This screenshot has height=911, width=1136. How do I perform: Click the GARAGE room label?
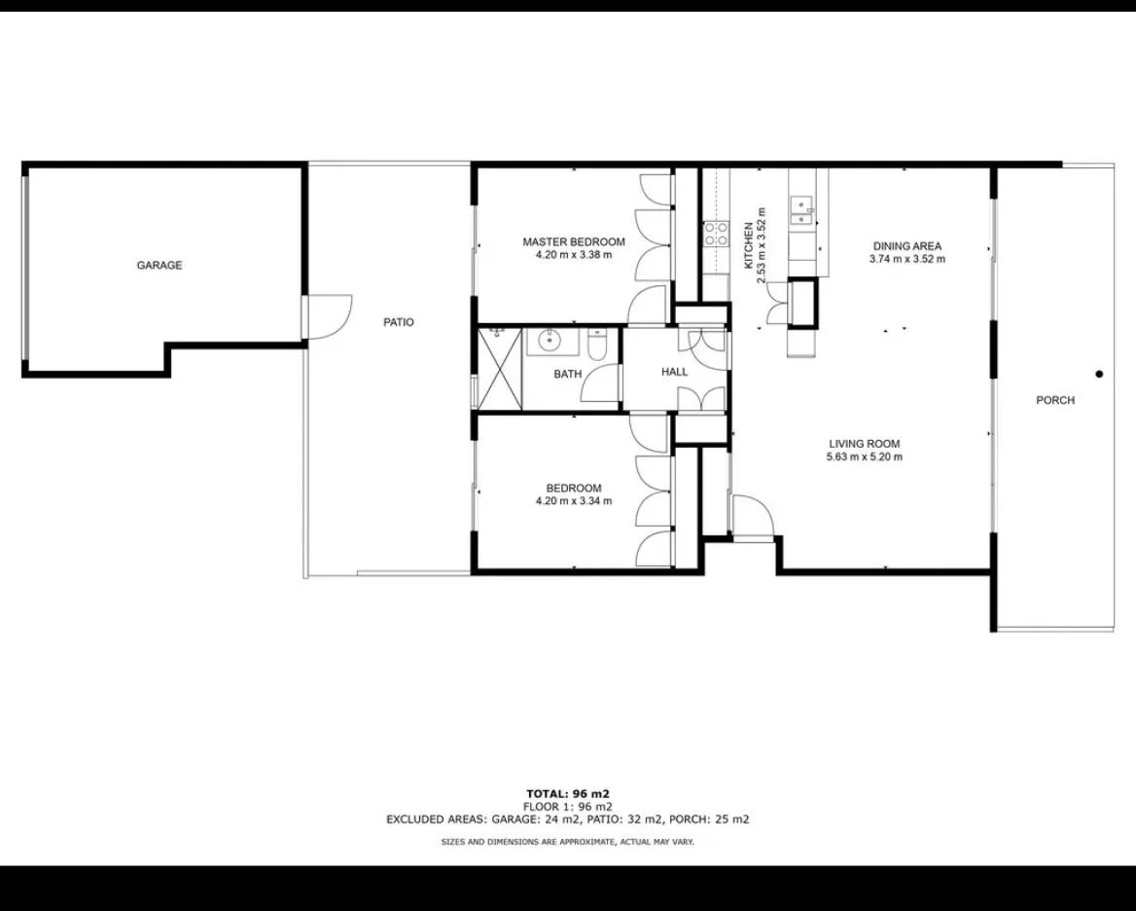click(160, 265)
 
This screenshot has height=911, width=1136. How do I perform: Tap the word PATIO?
click(399, 322)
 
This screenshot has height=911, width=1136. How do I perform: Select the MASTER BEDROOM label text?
click(574, 242)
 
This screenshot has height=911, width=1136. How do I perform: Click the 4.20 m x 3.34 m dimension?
click(574, 501)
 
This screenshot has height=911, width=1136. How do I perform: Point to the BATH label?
click(568, 374)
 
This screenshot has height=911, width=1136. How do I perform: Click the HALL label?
click(674, 372)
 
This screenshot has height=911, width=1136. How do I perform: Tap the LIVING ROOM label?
click(865, 444)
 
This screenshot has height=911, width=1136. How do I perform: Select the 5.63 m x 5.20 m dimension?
click(865, 456)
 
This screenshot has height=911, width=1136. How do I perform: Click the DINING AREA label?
click(906, 246)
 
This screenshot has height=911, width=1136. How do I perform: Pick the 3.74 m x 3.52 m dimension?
click(906, 259)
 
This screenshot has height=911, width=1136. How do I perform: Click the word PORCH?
click(1055, 400)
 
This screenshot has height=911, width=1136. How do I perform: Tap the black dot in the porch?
click(1099, 374)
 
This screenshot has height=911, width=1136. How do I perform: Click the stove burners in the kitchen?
click(717, 232)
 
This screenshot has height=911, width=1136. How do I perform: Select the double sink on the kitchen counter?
click(802, 205)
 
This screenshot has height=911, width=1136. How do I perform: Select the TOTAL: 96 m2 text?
click(568, 793)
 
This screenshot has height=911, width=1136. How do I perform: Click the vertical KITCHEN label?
click(749, 245)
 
